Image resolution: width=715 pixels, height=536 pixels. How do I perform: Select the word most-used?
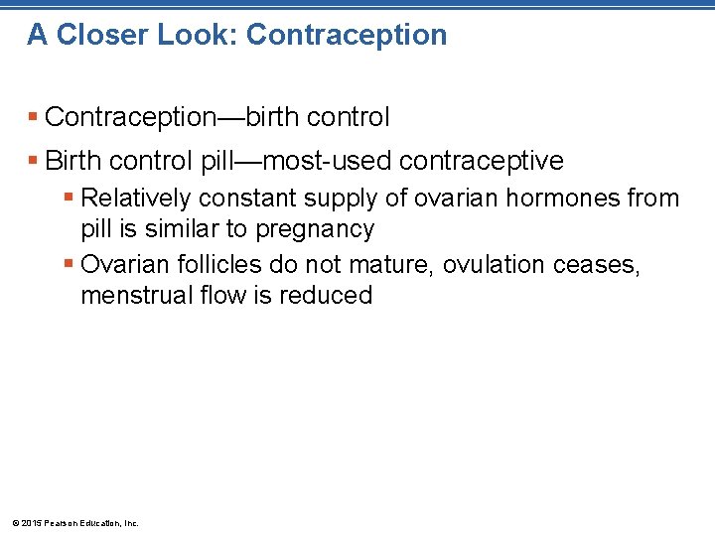coord(339,160)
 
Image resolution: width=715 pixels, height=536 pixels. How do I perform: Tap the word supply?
coord(341,200)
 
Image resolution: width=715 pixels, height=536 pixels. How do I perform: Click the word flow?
coord(213,295)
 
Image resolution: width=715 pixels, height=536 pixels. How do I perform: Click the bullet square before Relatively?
coord(67,198)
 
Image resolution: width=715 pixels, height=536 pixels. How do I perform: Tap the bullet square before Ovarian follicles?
coord(67,264)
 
